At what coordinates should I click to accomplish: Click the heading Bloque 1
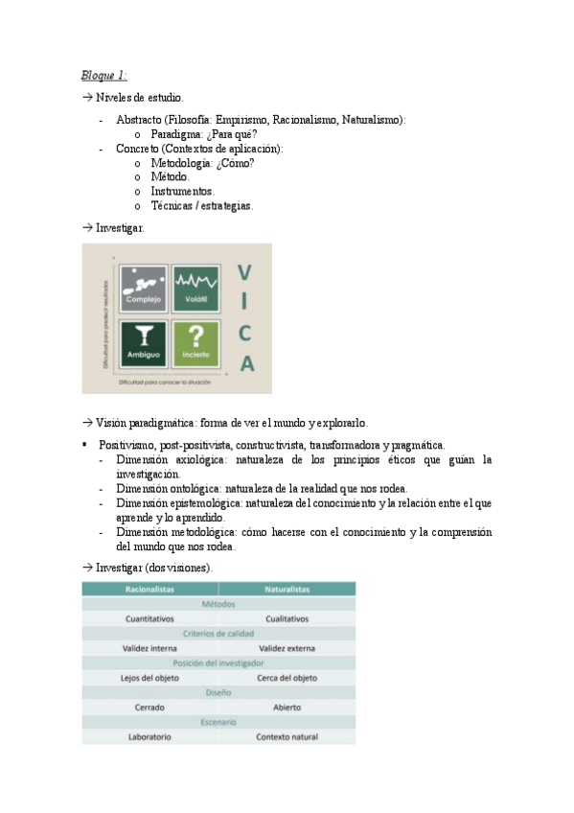103,76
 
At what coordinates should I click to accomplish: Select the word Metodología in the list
180,164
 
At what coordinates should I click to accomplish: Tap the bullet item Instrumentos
182,192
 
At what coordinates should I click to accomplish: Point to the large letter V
246,273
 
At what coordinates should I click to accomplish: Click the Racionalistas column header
149,590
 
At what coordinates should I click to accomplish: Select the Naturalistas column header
287,590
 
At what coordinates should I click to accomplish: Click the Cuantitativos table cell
149,619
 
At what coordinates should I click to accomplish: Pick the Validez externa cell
287,648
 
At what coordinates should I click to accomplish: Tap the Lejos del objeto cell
149,678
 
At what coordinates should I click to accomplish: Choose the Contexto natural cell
287,737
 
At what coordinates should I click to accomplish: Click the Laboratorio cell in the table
149,737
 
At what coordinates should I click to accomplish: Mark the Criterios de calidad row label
218,634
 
